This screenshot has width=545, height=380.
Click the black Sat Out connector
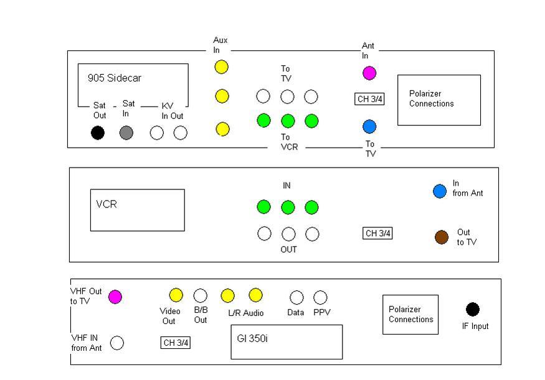pyautogui.click(x=98, y=133)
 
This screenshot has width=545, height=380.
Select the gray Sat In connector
pyautogui.click(x=126, y=133)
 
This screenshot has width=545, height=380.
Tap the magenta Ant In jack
pyautogui.click(x=369, y=73)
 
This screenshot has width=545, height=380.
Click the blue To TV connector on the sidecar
pyautogui.click(x=369, y=126)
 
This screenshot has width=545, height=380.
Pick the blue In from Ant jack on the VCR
pyautogui.click(x=440, y=191)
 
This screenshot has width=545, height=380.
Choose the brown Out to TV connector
pyautogui.click(x=442, y=237)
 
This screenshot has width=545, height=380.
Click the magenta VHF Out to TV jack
pyautogui.click(x=115, y=297)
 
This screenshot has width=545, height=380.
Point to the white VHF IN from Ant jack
pyautogui.click(x=117, y=343)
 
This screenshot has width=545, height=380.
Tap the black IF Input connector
pyautogui.click(x=473, y=310)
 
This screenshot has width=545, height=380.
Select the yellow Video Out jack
pyautogui.click(x=176, y=295)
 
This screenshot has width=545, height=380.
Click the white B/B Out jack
pyautogui.click(x=200, y=296)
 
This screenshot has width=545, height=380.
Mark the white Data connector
pyautogui.click(x=296, y=298)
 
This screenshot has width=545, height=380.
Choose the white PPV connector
pyautogui.click(x=320, y=298)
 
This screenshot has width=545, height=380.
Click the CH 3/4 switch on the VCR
pyautogui.click(x=377, y=233)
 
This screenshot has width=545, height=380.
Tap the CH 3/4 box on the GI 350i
pyautogui.click(x=176, y=343)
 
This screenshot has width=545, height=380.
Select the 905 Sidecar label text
pyautogui.click(x=115, y=78)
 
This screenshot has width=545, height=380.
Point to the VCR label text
pyautogui.click(x=107, y=204)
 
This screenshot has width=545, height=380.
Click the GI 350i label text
pyautogui.click(x=252, y=339)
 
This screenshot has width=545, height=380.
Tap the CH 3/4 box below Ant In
pyautogui.click(x=369, y=99)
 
